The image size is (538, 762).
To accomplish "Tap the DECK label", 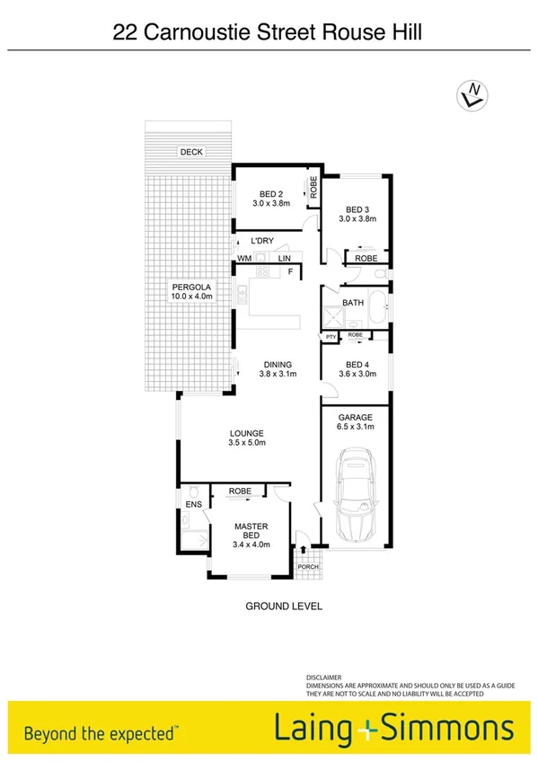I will point(190,152).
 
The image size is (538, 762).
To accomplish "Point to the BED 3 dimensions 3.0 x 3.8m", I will point(357,217).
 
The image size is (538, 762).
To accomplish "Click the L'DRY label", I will point(261,241).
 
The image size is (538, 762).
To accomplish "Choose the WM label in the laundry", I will point(244,259).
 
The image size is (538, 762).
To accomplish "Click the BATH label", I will point(353,303).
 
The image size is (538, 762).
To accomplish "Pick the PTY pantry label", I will point(331,337).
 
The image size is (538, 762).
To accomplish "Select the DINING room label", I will point(278,364).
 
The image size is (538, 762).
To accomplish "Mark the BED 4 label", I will point(357,365).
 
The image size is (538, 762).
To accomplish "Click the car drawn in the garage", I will point(357,499).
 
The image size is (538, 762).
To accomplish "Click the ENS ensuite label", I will point(194,505).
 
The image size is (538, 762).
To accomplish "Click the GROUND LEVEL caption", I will point(284,606).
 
